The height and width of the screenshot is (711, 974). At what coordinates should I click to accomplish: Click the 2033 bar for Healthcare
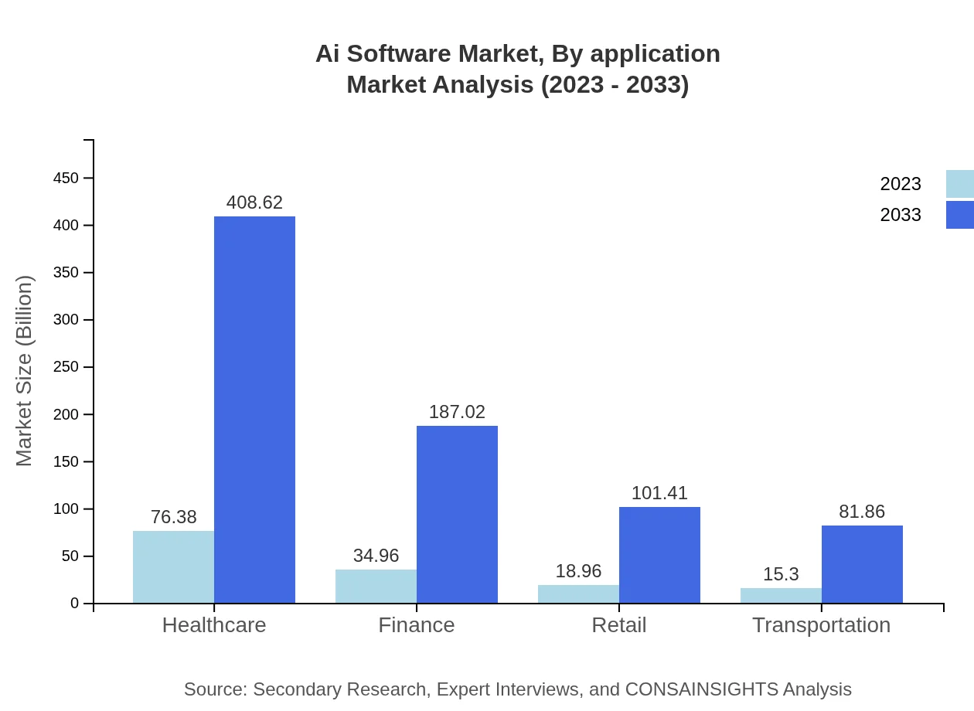[254, 410]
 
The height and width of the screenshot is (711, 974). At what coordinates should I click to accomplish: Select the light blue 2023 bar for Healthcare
[173, 566]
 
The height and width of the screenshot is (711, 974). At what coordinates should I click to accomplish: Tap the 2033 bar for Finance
[457, 514]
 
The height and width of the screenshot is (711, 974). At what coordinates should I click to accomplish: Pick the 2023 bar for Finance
[376, 586]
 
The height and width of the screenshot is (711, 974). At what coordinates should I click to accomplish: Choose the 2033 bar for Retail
[659, 555]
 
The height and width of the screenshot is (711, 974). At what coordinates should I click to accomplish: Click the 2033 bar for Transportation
[862, 564]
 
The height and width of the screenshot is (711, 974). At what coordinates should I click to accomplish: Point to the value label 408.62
[254, 202]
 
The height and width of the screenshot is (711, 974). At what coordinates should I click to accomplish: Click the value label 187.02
[457, 412]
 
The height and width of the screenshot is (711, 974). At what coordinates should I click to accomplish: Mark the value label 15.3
[781, 574]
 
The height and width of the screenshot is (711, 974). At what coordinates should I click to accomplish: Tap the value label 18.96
[578, 571]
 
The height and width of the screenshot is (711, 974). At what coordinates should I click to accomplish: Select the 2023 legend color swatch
[959, 184]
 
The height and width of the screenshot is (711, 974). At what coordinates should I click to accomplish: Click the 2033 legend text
[901, 215]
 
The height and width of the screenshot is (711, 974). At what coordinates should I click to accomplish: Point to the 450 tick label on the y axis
[66, 179]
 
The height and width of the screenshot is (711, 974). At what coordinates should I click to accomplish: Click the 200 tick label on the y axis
[66, 414]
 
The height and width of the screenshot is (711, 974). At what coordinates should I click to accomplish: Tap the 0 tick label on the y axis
[75, 604]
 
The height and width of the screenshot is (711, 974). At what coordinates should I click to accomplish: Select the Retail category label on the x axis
[618, 624]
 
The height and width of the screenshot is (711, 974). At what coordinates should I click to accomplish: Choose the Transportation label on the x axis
[821, 624]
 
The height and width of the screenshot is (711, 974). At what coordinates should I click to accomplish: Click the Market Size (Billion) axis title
[25, 371]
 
